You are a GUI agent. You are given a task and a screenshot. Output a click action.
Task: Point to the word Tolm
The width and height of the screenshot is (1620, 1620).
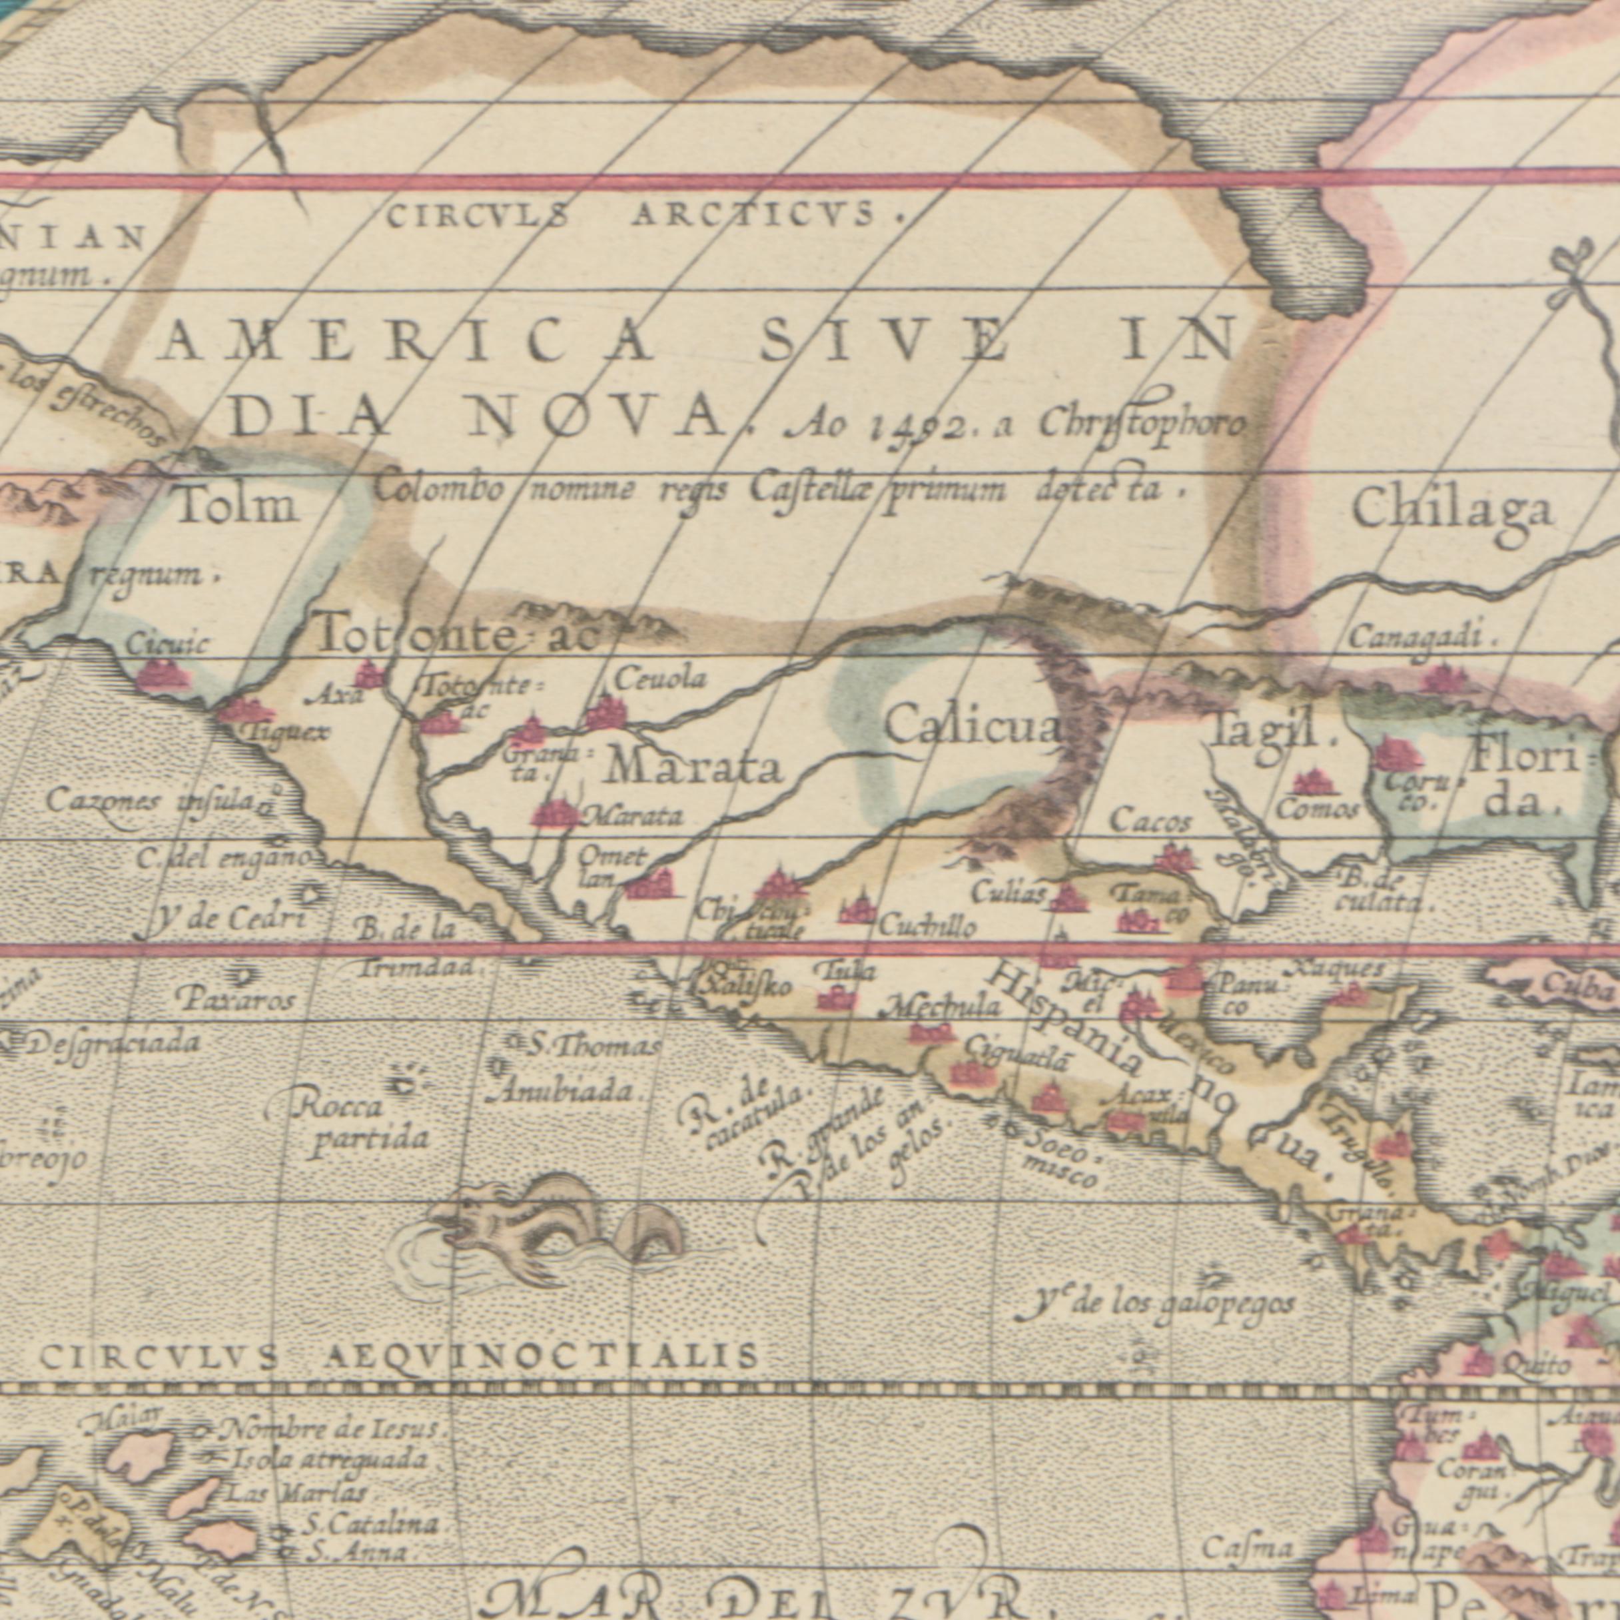coord(239,506)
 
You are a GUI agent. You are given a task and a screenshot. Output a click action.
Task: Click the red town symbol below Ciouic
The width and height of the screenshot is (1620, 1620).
coord(163,675)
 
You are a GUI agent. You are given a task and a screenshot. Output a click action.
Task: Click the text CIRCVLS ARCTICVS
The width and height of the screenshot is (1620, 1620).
coord(637,216)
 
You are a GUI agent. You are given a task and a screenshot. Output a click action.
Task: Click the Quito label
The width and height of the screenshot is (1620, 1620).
coord(1536,1364)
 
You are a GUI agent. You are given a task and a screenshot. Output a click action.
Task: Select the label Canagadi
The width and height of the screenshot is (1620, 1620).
coord(1420,638)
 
